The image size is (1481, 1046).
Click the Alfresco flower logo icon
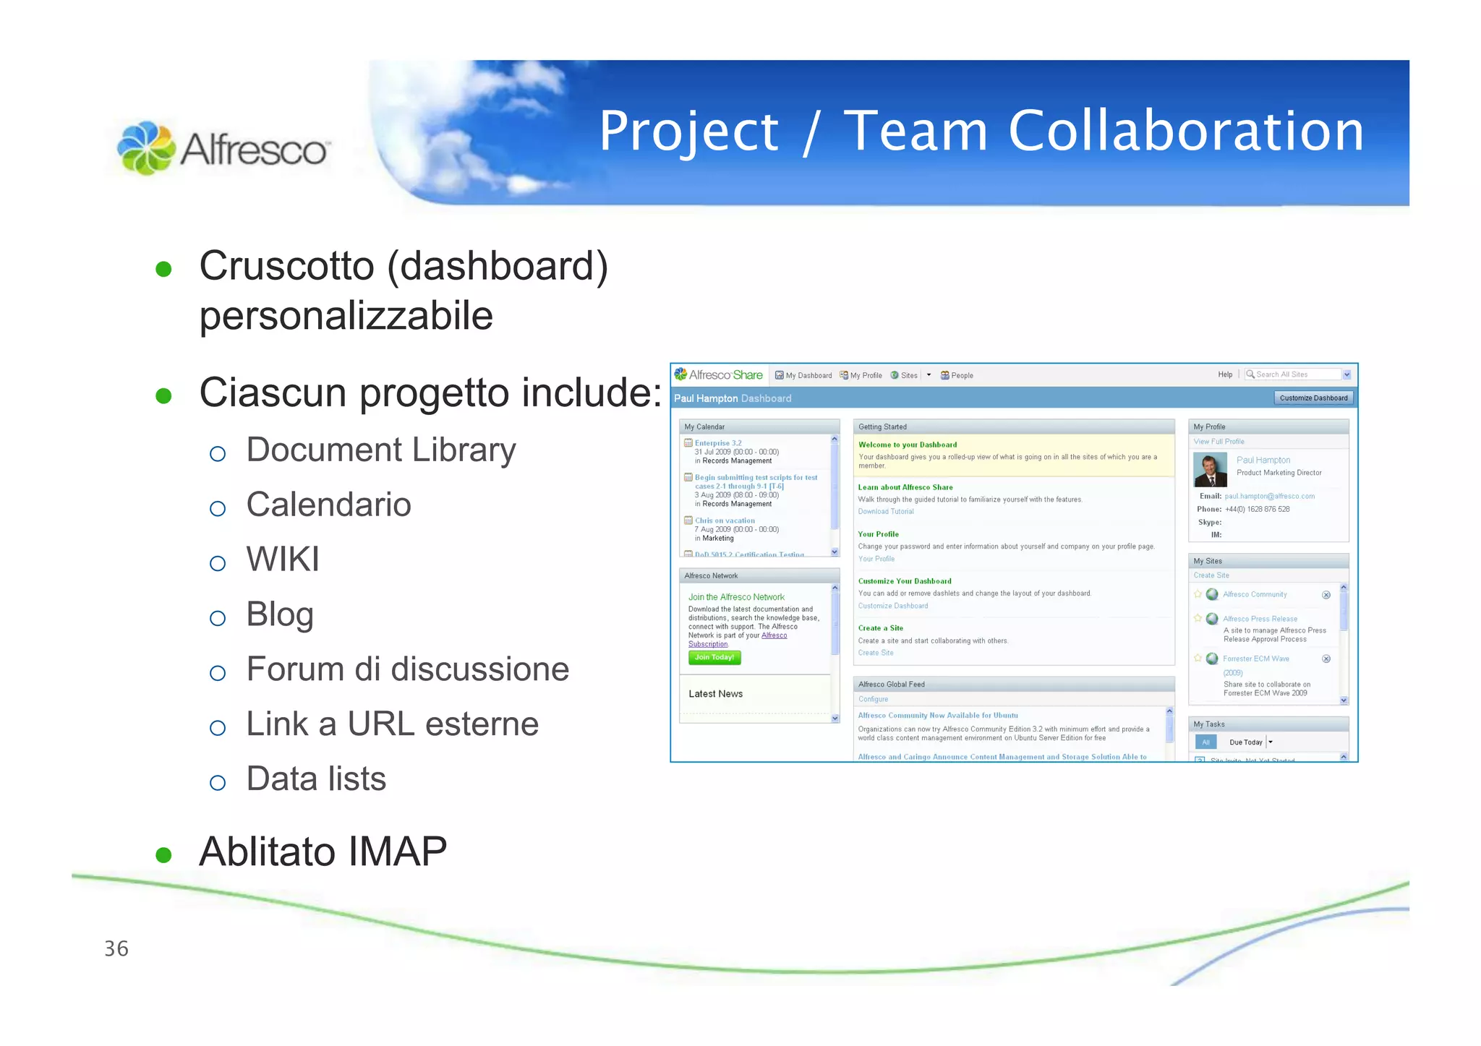pos(147,147)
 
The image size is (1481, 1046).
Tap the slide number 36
pos(116,948)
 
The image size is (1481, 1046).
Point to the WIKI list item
pos(283,560)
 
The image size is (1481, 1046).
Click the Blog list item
pos(280,614)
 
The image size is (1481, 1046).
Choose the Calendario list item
pos(328,505)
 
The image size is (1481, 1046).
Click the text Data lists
pos(316,779)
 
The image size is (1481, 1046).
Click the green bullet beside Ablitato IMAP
pos(164,855)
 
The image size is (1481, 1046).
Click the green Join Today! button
pos(714,657)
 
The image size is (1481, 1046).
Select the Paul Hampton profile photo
pos(1210,470)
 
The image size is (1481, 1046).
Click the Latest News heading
pos(715,694)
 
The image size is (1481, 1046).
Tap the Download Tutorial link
pos(886,512)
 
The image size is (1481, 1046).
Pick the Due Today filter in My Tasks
pos(1246,742)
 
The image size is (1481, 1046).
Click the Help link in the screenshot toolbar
pos(1225,374)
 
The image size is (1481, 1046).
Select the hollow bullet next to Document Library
pos(218,454)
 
